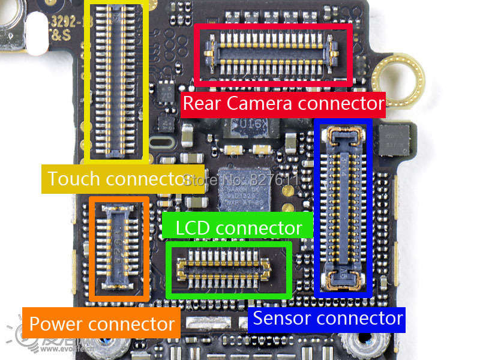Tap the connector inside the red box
coord(272,52)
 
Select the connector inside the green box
coord(229,268)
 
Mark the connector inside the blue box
coord(343,207)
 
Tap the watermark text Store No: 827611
coord(240,179)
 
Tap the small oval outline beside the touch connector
coord(161,145)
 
